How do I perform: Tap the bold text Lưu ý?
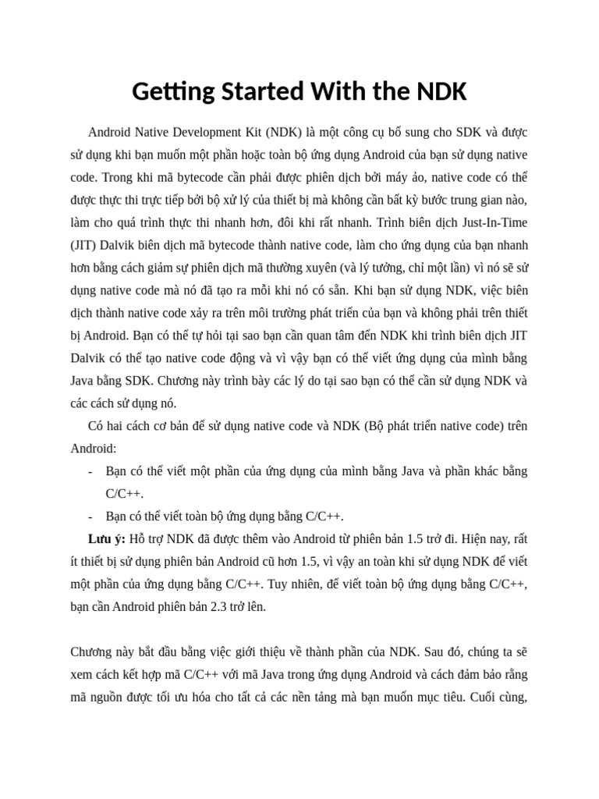tap(107, 538)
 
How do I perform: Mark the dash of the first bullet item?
tap(90, 471)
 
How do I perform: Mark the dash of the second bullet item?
tap(90, 517)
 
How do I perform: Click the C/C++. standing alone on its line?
tap(125, 494)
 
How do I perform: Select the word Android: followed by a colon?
tap(94, 449)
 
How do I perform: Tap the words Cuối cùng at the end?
tap(499, 696)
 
